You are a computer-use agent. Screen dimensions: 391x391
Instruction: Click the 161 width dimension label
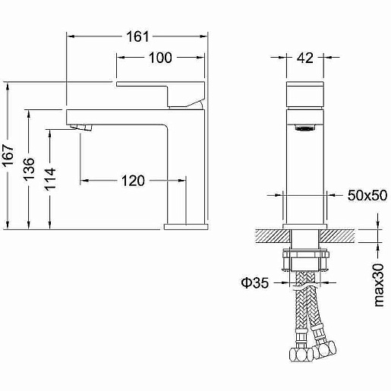pos(137,36)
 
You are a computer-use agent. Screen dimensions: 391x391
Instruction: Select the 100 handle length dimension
pos(160,58)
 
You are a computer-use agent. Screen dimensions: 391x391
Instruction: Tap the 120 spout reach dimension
pos(133,181)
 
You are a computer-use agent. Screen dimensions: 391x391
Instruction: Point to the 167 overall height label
pos(8,156)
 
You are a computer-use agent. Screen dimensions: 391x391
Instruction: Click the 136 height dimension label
pos(29,169)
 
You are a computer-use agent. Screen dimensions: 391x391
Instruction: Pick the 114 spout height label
pos(50,179)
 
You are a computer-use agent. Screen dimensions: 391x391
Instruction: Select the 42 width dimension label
pos(305,58)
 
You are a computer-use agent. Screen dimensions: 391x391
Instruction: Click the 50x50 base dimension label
pos(367,195)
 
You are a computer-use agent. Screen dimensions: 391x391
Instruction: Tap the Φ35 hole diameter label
pos(255,282)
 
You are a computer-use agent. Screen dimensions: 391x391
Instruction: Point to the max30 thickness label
pos(379,285)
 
